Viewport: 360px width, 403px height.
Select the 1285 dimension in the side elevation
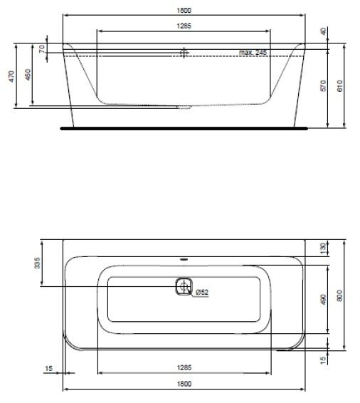[184, 26]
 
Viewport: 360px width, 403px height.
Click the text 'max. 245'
[253, 53]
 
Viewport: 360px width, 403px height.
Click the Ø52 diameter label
[201, 293]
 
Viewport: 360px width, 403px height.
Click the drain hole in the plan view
[184, 286]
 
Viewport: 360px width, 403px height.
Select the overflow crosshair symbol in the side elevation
[184, 53]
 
